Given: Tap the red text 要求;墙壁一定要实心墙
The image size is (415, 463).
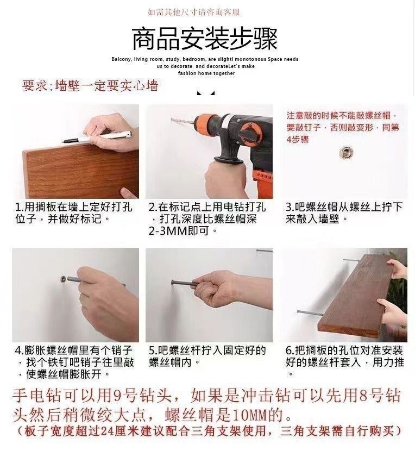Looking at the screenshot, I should click(x=90, y=86).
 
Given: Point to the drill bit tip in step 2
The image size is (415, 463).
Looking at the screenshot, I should click(x=173, y=120).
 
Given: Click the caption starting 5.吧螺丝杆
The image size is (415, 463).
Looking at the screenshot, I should click(x=207, y=355).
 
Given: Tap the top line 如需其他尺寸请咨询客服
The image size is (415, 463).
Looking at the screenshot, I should click(x=193, y=11).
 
